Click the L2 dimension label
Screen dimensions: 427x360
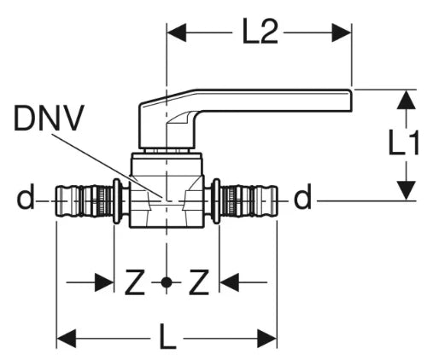tap(260, 32)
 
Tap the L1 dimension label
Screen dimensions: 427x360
tap(403, 142)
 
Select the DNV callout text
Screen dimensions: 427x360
tap(49, 118)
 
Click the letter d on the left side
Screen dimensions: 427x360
tap(26, 196)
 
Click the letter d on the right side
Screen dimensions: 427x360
tap(302, 196)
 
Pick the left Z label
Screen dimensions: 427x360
tap(135, 282)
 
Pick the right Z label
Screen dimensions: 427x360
tap(199, 282)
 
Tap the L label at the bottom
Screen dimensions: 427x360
tap(167, 337)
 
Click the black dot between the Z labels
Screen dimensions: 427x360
tap(167, 282)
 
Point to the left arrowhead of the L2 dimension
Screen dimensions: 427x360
tap(177, 33)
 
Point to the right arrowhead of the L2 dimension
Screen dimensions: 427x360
tap(342, 33)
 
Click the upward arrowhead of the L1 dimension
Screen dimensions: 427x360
tap(407, 100)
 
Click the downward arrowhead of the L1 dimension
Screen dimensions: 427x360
tap(407, 190)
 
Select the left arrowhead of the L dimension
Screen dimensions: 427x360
tap(67, 339)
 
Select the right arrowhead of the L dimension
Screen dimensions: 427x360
tap(267, 339)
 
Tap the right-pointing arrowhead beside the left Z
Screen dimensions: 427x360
tap(104, 282)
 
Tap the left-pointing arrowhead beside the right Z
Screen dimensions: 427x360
tap(230, 282)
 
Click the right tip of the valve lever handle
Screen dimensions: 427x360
tap(352, 101)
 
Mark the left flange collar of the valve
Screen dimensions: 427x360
tap(116, 201)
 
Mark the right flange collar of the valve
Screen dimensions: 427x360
tap(217, 201)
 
